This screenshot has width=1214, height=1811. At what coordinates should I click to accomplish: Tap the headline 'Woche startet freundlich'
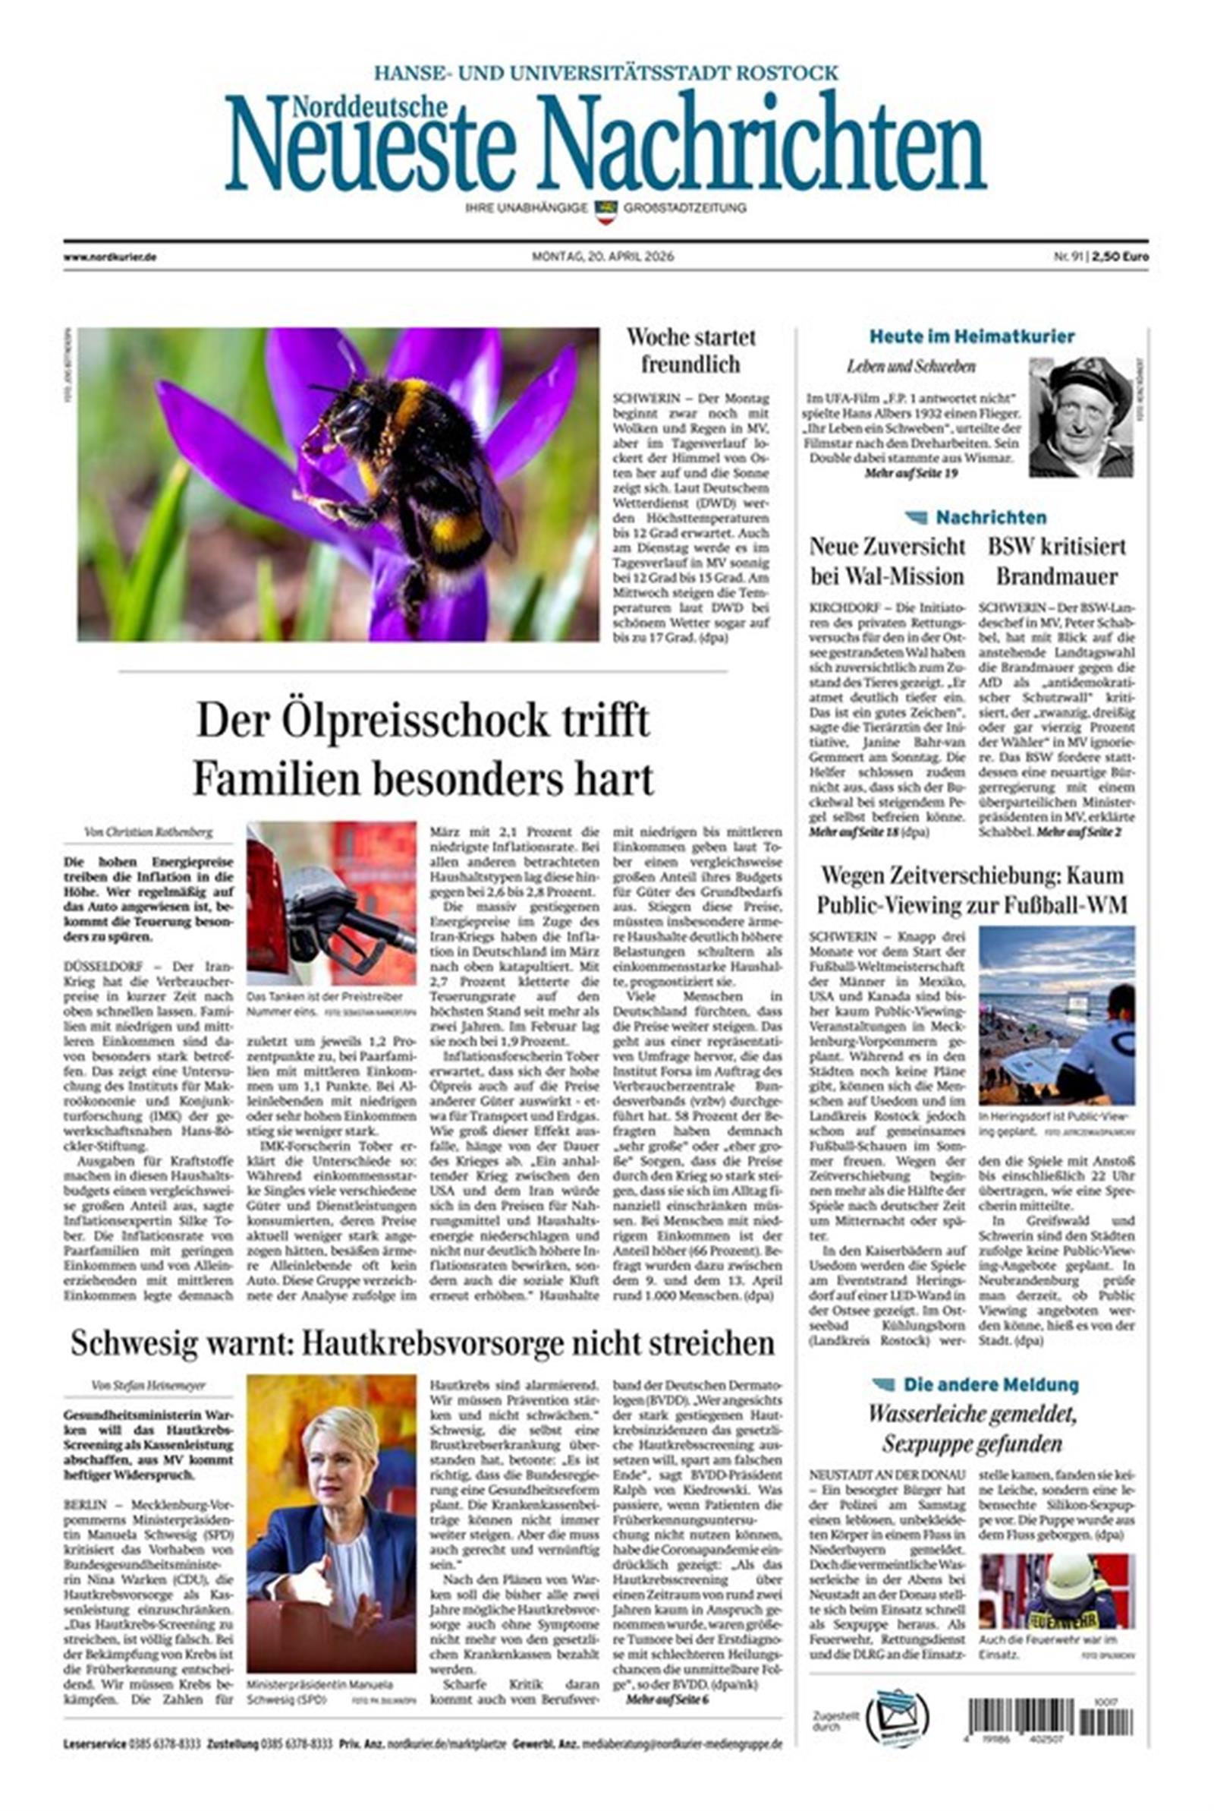point(690,350)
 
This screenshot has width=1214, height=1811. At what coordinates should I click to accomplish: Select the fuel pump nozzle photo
point(332,903)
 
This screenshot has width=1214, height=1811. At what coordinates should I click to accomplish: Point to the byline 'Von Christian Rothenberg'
point(147,832)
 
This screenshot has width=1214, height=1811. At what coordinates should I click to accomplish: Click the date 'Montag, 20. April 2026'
point(602,257)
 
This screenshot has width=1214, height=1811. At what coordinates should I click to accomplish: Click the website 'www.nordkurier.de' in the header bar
point(110,257)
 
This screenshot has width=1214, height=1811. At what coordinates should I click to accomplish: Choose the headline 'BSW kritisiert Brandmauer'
point(1056,561)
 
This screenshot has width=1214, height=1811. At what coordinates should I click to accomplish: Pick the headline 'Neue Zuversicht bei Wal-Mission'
point(887,561)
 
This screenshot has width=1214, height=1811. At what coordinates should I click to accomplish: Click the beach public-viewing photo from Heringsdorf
point(1056,1014)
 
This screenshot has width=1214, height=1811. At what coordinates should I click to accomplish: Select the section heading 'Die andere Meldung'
point(990,1384)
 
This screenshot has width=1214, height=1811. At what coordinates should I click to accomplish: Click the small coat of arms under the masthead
point(605,210)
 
